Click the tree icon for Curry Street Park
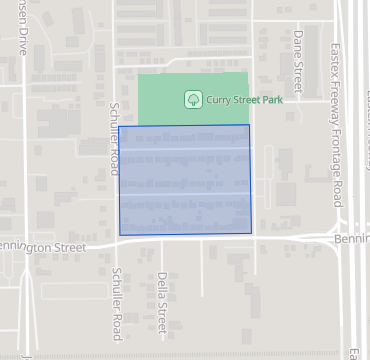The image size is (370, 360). tap(192, 99)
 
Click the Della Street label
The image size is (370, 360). tap(162, 301)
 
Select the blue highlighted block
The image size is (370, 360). tap(185, 180)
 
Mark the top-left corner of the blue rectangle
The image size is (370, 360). tap(119, 127)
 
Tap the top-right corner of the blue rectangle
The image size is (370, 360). tap(250, 125)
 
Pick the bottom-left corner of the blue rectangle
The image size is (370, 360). tap(120, 235)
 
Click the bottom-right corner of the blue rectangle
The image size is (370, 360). tap(251, 234)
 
